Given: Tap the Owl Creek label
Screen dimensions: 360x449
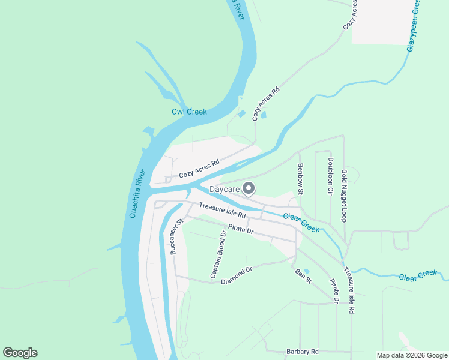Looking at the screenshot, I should click(188, 112).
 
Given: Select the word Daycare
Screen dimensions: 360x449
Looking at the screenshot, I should click(224, 190).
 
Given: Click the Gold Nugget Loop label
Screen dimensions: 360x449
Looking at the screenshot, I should click(345, 196).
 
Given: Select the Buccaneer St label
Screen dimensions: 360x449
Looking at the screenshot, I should click(175, 237).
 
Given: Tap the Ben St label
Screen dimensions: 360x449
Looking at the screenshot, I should click(303, 276).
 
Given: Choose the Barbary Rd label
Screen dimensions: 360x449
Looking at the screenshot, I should click(302, 352).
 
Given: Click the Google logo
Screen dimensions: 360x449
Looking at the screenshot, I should click(20, 353).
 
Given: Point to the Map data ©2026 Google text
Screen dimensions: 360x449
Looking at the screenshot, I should click(412, 355).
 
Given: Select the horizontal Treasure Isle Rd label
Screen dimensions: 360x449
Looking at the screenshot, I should click(222, 210).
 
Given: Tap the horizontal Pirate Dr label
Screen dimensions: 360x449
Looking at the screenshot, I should click(240, 230).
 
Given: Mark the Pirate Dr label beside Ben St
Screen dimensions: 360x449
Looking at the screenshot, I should click(334, 291).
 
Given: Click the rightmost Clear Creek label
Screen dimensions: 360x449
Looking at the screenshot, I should click(418, 275).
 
